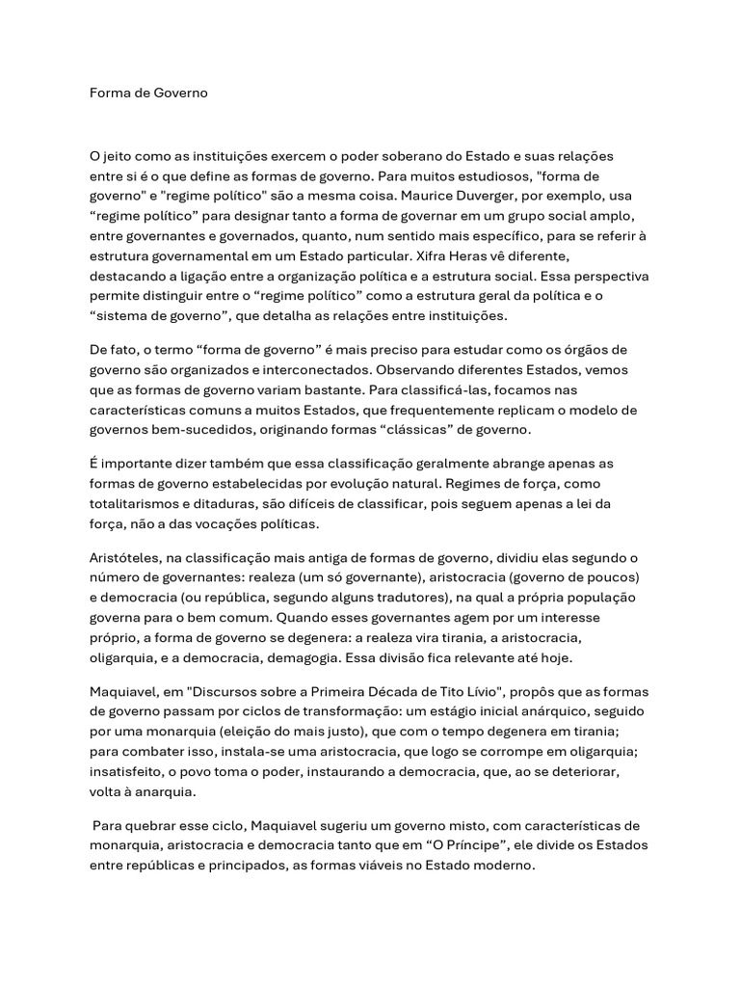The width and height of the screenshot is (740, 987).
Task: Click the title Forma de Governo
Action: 148,93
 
